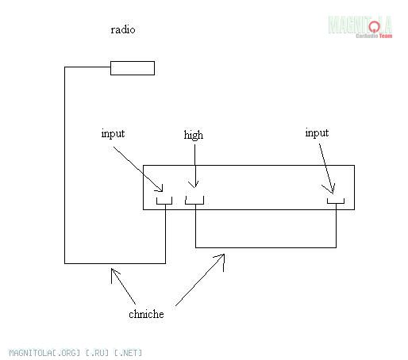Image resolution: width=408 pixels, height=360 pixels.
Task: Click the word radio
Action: click(123, 29)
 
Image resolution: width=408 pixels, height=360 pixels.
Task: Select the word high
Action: click(194, 135)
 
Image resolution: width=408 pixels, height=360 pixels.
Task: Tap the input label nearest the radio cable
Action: click(113, 133)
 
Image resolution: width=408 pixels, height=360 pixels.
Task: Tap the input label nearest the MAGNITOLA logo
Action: click(317, 132)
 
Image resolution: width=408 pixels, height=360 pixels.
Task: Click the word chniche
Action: click(146, 314)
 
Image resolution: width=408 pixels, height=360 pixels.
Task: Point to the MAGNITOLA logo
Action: click(360, 27)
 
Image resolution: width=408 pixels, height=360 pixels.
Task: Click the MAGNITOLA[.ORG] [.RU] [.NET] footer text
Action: click(75, 353)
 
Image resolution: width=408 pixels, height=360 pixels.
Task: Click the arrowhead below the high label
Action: click(194, 184)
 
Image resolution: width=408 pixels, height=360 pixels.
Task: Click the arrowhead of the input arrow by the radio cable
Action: click(160, 189)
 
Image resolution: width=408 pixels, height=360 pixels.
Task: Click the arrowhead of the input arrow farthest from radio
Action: click(330, 189)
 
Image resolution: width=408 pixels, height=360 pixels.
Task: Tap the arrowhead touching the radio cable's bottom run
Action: click(114, 274)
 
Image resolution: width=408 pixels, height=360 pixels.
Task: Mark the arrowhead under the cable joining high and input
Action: click(221, 259)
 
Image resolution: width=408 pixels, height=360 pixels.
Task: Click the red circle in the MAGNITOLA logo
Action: click(374, 26)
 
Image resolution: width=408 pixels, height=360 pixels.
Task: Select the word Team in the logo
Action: click(386, 36)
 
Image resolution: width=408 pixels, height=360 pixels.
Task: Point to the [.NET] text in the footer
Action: click(129, 353)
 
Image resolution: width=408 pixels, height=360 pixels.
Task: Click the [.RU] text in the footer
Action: click(97, 353)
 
